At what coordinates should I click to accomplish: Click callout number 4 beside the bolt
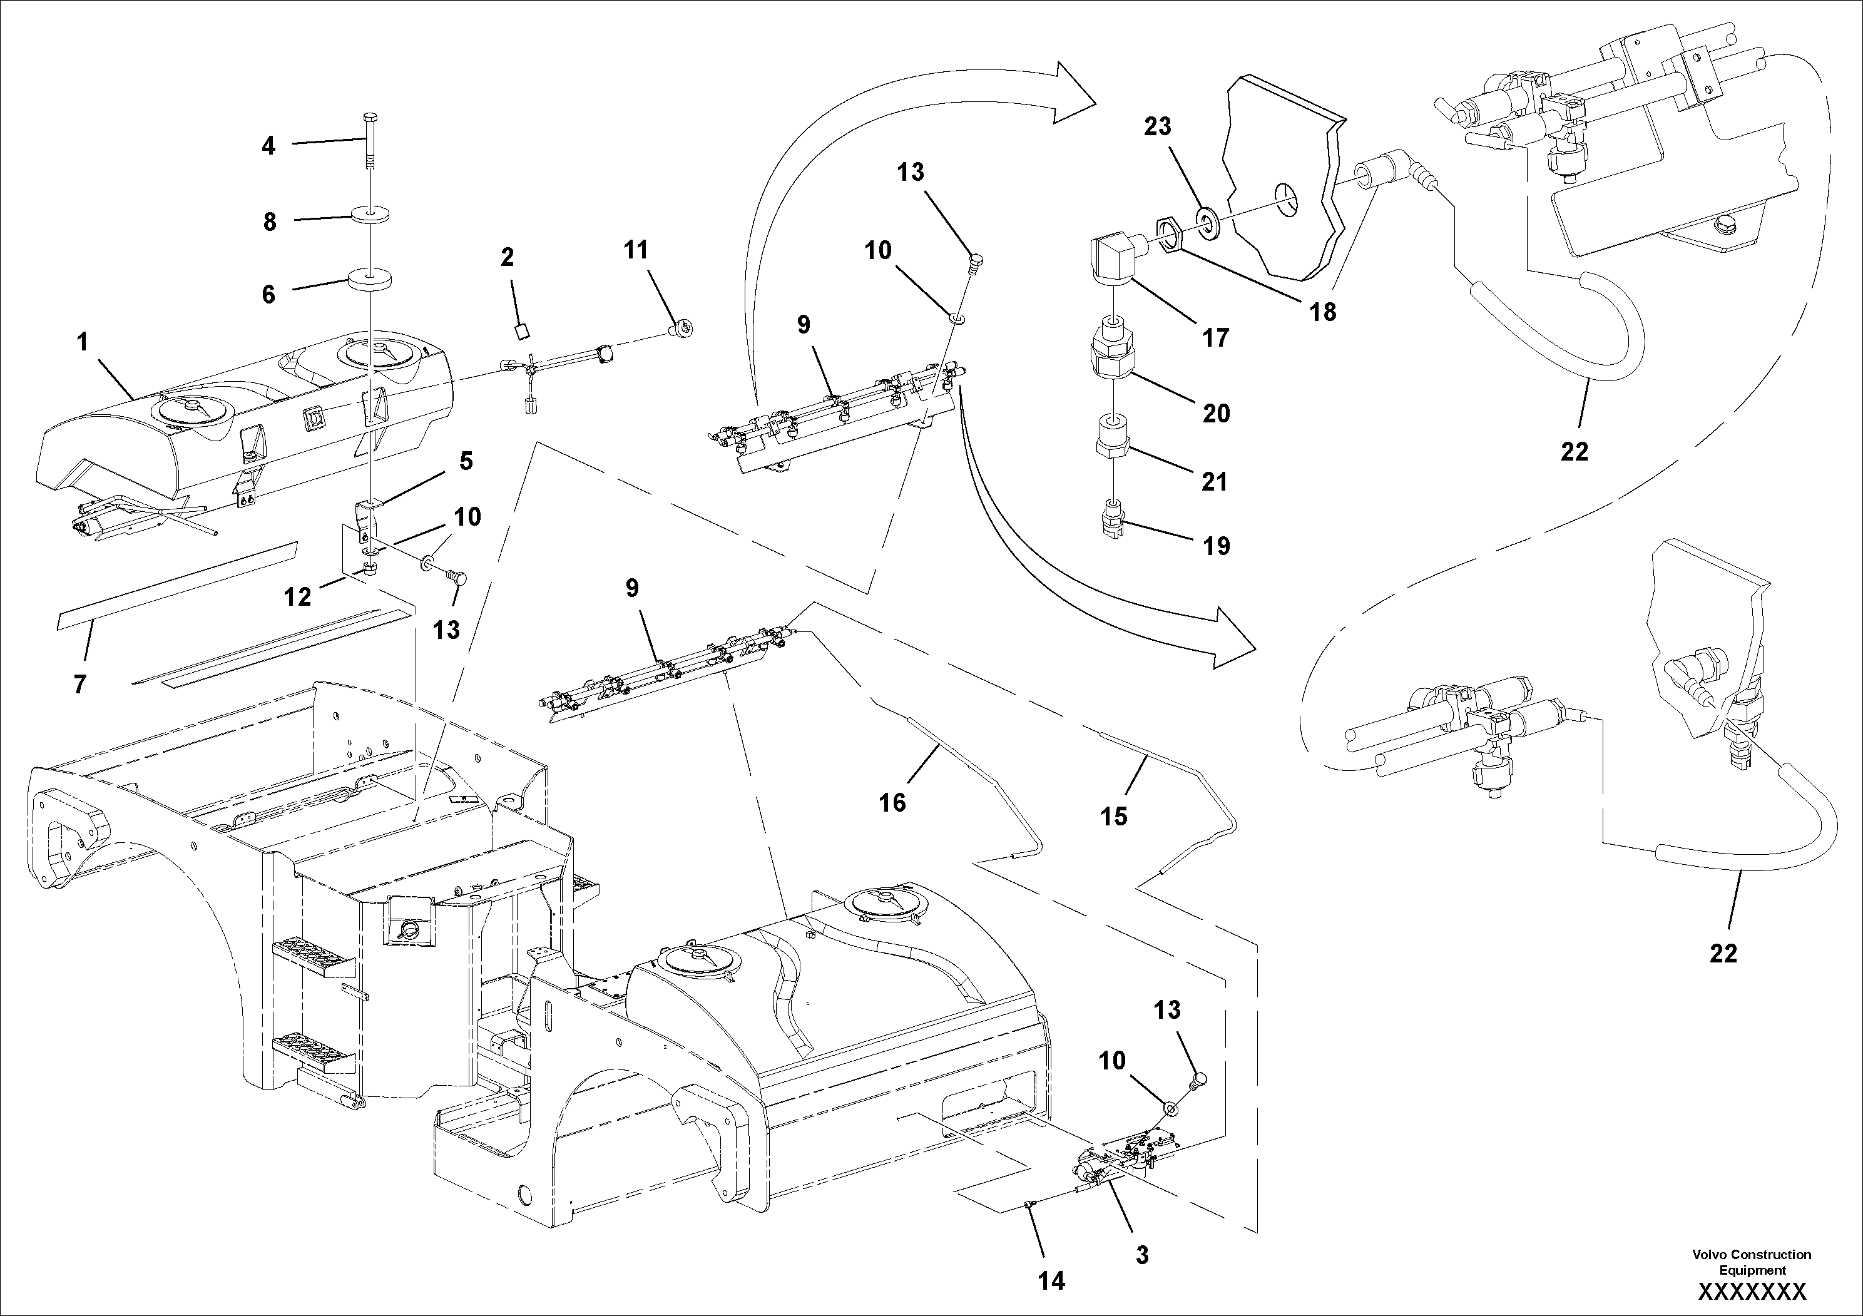(268, 146)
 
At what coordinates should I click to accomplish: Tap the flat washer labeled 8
(370, 215)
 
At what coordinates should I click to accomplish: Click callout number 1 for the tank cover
(82, 342)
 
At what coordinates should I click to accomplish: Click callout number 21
(1215, 482)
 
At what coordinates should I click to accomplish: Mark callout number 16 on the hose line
(892, 802)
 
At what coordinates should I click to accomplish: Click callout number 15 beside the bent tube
(1114, 816)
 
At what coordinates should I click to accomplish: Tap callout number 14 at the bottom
(1051, 1280)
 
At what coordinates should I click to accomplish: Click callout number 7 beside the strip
(79, 685)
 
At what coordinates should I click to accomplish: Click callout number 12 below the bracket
(298, 597)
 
